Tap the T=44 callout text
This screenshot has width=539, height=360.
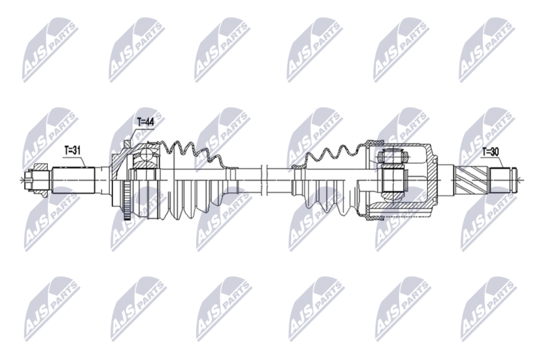coord(145,122)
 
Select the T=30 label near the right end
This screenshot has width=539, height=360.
coord(489,152)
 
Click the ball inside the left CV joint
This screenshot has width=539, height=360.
coord(144,159)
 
